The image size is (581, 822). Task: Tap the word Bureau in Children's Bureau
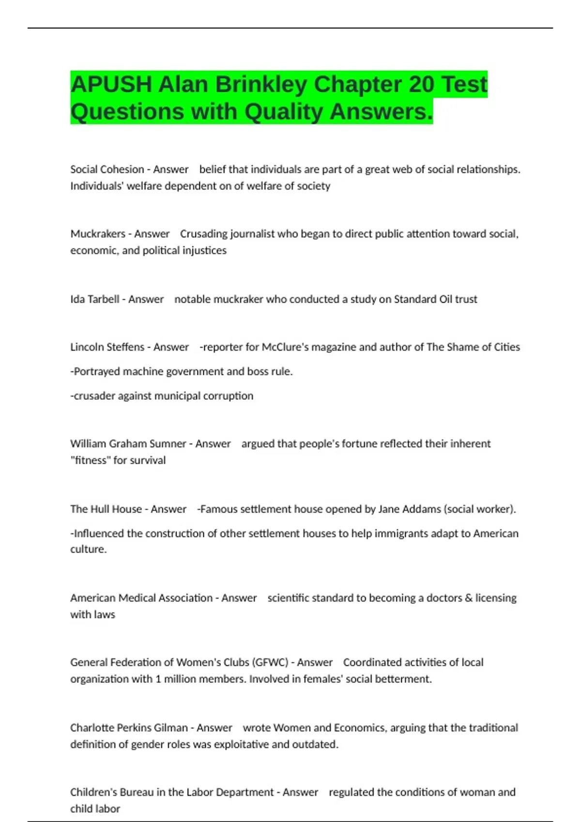click(145, 793)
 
